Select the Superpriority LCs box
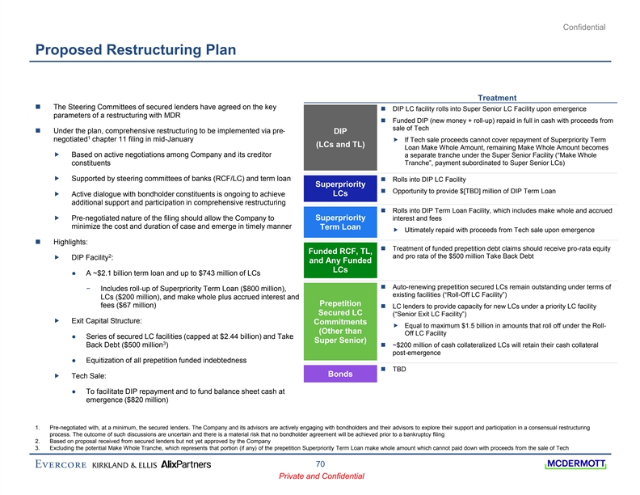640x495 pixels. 339,188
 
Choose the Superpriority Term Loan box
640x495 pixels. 339,222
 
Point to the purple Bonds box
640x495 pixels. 339,374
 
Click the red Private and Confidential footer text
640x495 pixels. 320,477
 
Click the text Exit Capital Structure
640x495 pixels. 107,321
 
